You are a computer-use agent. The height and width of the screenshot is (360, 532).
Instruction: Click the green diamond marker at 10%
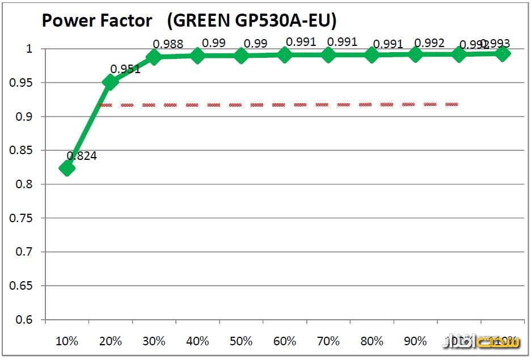pos(67,168)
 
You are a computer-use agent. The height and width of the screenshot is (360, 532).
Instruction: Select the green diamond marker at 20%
pos(111,82)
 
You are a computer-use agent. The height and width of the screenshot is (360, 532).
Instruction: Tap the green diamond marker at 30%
pos(154,57)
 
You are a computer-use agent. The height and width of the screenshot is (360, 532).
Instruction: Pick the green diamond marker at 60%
pos(285,55)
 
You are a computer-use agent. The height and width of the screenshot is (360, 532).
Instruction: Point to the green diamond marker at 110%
pos(502,54)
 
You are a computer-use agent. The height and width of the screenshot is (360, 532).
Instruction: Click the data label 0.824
pos(82,156)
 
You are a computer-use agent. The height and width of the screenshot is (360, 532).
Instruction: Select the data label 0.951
pos(125,69)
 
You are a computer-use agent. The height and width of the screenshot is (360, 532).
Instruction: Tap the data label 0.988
pos(168,44)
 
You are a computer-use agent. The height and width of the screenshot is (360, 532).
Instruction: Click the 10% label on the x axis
pos(67,341)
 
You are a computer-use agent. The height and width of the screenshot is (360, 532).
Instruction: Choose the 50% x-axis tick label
pos(241,341)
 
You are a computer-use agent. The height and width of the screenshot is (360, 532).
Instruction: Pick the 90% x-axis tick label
pos(415,341)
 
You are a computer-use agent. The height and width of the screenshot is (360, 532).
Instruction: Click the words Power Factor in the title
pos(97,21)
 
